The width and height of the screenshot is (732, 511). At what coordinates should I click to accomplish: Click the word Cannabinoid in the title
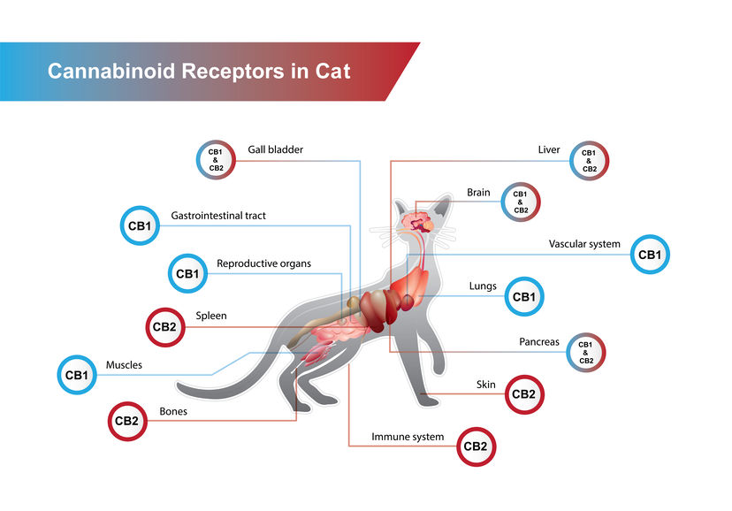tap(111, 72)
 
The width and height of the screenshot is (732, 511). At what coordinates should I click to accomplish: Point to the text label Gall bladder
tap(276, 149)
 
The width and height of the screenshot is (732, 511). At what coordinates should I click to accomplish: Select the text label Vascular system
tap(584, 244)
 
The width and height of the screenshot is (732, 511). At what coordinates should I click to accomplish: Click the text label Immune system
tap(408, 437)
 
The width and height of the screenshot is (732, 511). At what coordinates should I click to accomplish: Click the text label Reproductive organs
tap(263, 263)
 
